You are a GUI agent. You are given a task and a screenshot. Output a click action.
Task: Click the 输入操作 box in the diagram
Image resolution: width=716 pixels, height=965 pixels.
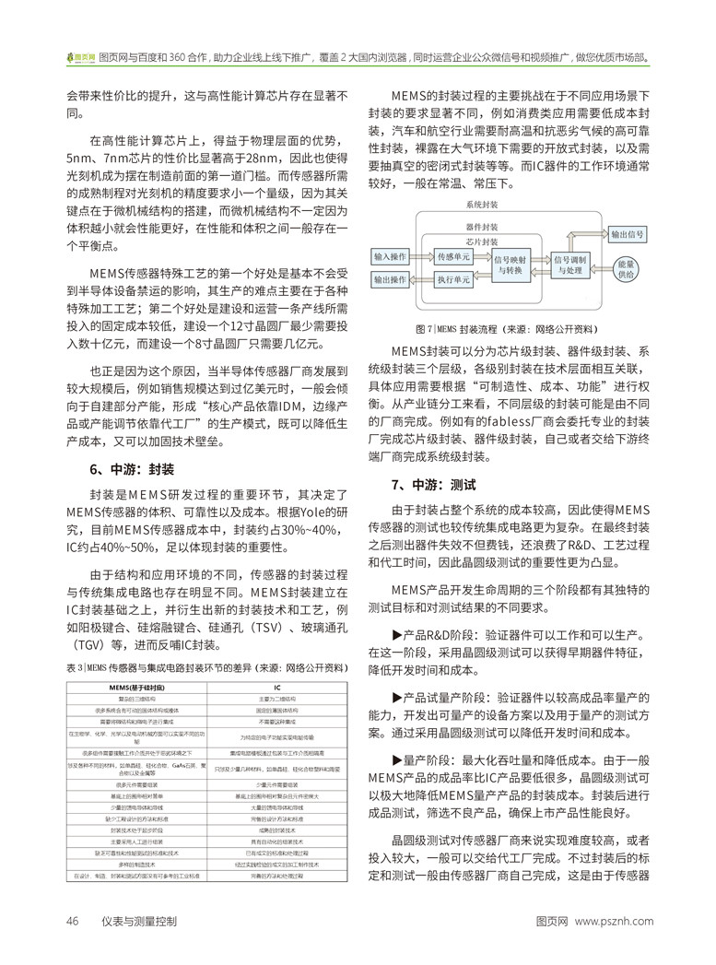click(391, 254)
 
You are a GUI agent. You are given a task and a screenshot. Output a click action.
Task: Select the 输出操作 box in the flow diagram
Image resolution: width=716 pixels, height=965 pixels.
click(391, 279)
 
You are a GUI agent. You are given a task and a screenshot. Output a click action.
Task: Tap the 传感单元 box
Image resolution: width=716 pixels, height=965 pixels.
click(453, 255)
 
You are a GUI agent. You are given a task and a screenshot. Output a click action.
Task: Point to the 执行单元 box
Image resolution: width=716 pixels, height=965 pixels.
click(453, 279)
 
